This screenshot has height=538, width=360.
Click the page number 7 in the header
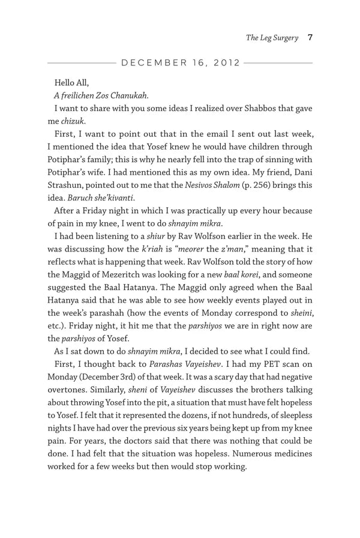(309, 38)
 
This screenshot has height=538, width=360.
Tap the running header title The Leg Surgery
(272, 38)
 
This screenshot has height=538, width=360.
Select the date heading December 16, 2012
(181, 62)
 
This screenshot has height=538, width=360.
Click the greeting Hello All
(71, 81)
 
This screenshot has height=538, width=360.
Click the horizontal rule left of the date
(80, 62)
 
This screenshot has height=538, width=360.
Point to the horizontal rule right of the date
(278, 62)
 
